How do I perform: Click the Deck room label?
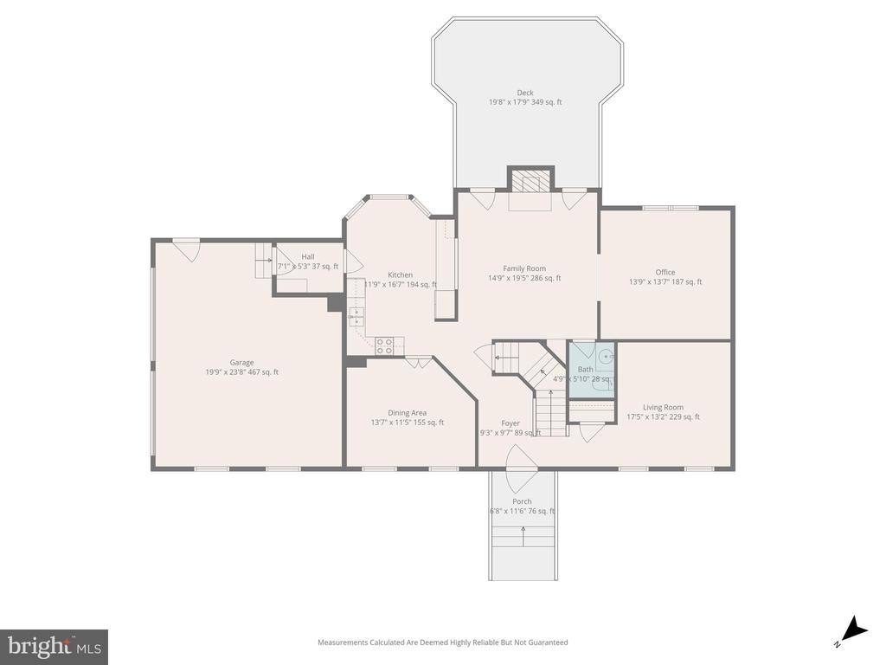pos(525,93)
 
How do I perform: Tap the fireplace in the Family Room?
pos(530,181)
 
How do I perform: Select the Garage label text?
pos(241,363)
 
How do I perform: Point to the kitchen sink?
pos(356,314)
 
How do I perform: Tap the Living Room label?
pos(663,407)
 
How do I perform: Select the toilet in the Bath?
pos(607,355)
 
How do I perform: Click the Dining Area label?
pos(407,413)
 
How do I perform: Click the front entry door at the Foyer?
pos(522,458)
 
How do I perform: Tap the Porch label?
pos(522,501)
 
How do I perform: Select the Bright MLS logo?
pos(54,646)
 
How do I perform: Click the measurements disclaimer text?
pos(442,642)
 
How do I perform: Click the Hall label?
pos(308,256)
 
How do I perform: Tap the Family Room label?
pos(524,268)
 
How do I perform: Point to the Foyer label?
pos(510,423)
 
